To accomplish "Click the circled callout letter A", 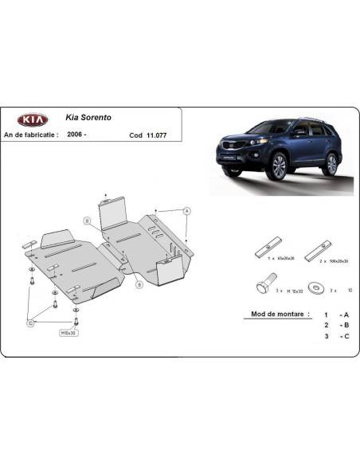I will pos(187,210).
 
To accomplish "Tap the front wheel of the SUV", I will pos(278,166).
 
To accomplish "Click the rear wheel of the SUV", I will pos(331,162).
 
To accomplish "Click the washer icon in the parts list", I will pos(319,286).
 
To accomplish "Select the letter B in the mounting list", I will pos(346,326).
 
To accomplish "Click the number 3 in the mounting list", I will pos(326,337).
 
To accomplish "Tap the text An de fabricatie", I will pos(32,135).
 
